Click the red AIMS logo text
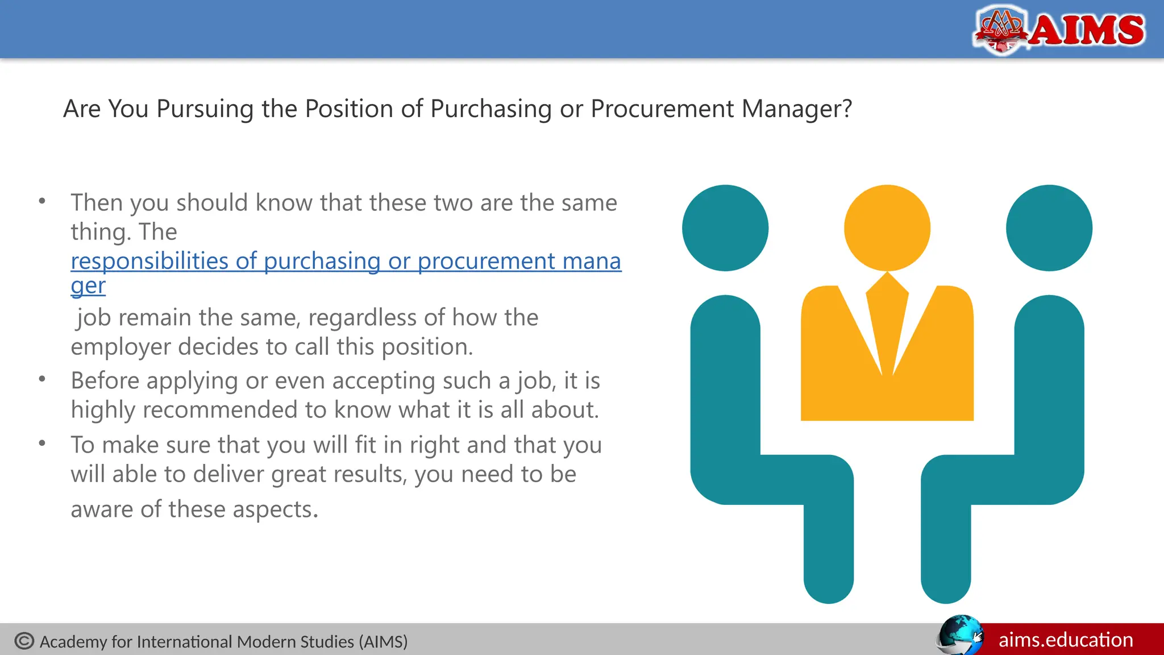pos(1087,30)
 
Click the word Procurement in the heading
pos(662,109)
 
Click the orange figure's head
pos(887,227)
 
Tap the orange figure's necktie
pos(887,318)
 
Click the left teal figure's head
pos(725,227)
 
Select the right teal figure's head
pos(1049,227)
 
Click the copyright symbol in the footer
pos(24,641)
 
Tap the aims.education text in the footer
pos(1066,640)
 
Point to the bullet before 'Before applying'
pos(42,379)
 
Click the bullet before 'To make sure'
pos(42,443)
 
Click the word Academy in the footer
pos(73,642)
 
